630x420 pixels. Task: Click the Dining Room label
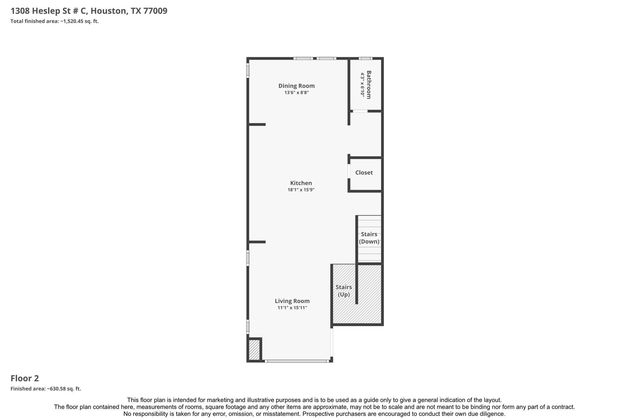pos(297,86)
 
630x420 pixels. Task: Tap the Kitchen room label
pos(301,183)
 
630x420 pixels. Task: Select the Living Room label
pos(292,301)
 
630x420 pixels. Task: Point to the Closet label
pos(364,173)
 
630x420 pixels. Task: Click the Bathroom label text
pos(369,85)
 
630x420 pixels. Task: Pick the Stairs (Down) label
pos(369,238)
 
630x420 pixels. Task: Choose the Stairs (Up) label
pos(344,291)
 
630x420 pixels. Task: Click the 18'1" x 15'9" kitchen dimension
pos(301,190)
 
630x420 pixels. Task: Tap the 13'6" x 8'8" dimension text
pos(297,93)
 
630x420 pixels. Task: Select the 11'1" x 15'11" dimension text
pos(292,308)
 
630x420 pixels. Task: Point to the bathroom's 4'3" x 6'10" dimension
pos(363,85)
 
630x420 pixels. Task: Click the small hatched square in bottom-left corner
pos(254,350)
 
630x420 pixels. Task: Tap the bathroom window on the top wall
pos(365,58)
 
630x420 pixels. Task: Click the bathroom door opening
pos(360,111)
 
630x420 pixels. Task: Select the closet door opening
pos(349,171)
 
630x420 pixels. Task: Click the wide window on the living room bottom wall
pos(297,361)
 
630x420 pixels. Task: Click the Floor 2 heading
pos(25,378)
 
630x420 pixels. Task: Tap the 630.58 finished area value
pos(57,389)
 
